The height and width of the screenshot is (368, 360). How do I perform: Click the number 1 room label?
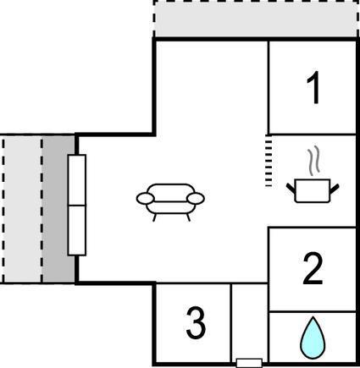(x=314, y=87)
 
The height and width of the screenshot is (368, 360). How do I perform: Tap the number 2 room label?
(x=313, y=269)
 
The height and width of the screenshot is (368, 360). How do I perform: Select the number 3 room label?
(x=196, y=323)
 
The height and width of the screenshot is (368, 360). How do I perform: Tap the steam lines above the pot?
(x=314, y=159)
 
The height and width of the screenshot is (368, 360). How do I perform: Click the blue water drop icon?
(x=313, y=338)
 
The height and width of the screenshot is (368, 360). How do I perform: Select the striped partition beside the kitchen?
(x=269, y=161)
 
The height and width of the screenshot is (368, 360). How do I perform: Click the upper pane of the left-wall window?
(x=77, y=180)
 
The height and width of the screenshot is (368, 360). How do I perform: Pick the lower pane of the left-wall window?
(x=77, y=230)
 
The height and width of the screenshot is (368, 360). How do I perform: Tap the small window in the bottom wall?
(x=249, y=363)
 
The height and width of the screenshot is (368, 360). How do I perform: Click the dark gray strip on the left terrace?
(x=58, y=209)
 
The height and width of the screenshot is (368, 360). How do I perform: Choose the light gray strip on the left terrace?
(x=22, y=209)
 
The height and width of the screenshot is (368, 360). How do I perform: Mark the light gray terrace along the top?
(x=256, y=19)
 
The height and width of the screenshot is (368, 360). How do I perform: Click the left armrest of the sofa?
(x=146, y=199)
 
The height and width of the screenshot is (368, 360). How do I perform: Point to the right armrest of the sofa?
(x=196, y=199)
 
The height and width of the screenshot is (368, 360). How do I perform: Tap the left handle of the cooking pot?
(x=291, y=189)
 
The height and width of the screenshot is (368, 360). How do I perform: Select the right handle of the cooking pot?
(x=335, y=189)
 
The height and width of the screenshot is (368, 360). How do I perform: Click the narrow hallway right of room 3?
(x=250, y=321)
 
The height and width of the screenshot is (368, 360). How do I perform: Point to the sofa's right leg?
(x=188, y=217)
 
